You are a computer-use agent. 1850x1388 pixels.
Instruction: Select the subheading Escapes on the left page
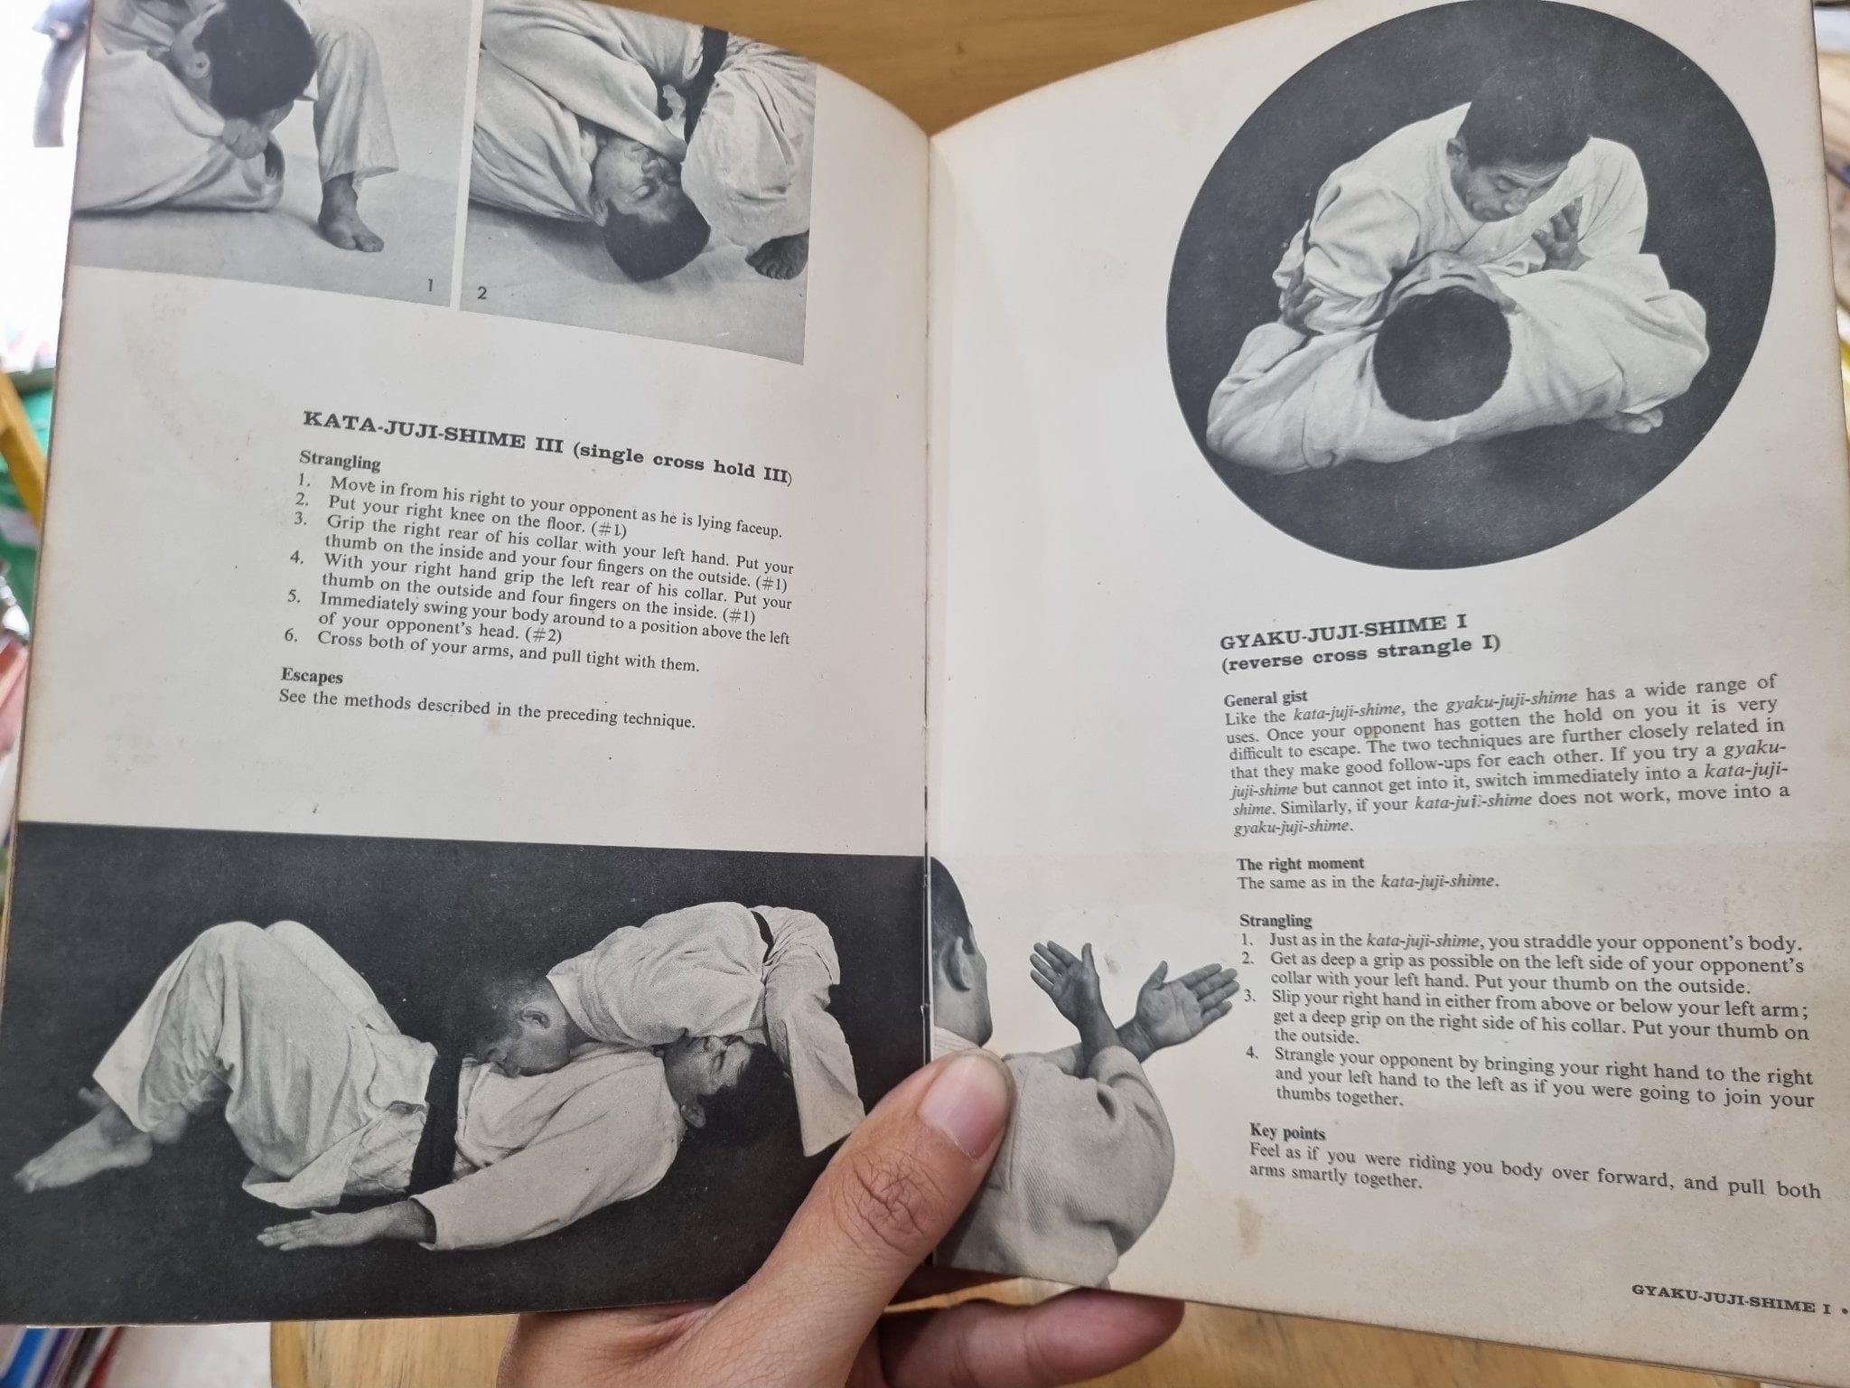point(310,676)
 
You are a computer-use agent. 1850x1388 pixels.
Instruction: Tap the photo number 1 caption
point(430,286)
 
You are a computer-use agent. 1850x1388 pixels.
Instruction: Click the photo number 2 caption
point(481,293)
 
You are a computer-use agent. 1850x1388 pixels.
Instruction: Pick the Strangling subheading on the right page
point(1275,920)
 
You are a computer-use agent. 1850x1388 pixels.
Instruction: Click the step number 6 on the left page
point(291,635)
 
